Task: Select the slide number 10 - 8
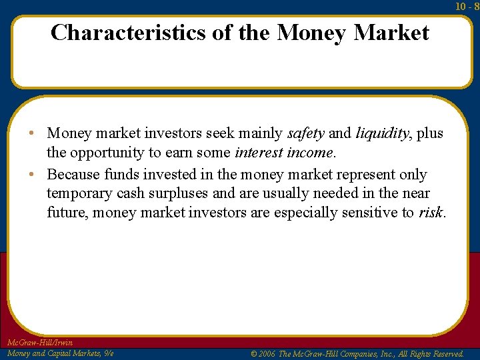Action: [x=467, y=6]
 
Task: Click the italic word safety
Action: [x=305, y=133]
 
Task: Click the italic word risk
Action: [x=431, y=213]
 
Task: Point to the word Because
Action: [x=73, y=175]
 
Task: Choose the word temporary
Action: [x=78, y=193]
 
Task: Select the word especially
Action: [x=303, y=213]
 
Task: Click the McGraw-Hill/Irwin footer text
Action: [x=39, y=343]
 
